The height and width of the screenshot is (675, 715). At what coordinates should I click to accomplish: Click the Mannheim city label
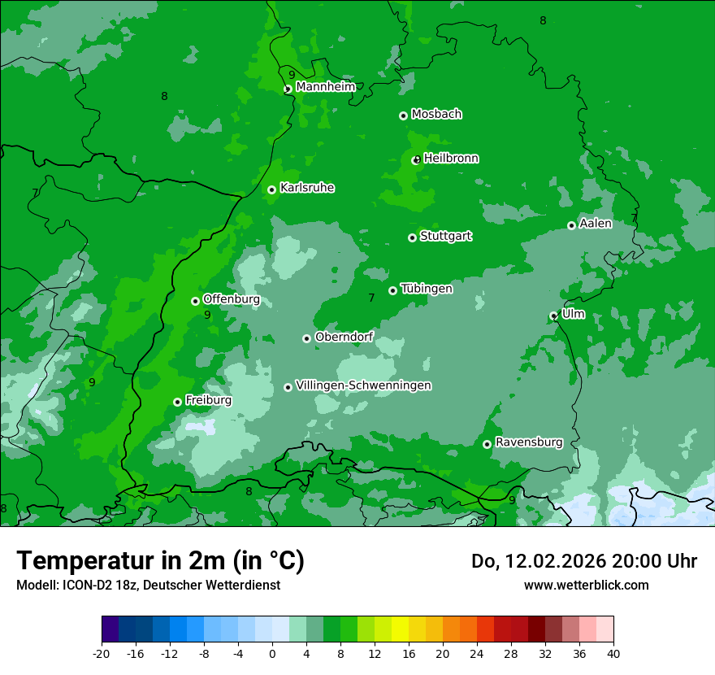point(325,87)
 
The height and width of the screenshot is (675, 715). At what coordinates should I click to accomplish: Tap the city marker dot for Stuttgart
point(412,237)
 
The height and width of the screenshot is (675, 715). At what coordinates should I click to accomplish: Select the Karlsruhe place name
point(307,188)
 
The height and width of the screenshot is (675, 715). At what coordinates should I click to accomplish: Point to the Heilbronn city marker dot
point(417,159)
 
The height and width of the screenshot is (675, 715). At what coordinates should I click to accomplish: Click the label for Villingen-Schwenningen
point(363,385)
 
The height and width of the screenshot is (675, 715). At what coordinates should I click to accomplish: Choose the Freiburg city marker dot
point(177,402)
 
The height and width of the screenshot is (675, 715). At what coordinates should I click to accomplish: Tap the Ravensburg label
point(529,442)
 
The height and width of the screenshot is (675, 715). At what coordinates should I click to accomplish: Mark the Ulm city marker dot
point(553,316)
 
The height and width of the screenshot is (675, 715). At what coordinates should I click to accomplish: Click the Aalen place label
point(596,224)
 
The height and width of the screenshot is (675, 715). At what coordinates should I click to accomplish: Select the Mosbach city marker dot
point(403,115)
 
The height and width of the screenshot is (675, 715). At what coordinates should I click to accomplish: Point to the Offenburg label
point(232,299)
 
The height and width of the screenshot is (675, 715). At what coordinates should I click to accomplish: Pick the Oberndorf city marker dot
point(306,338)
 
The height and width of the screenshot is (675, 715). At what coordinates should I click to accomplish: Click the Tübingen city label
point(427,289)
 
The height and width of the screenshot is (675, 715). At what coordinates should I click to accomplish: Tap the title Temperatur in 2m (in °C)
point(161,560)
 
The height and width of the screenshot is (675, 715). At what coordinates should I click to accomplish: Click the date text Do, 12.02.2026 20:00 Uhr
point(583,561)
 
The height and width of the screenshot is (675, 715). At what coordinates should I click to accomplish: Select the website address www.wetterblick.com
point(586,585)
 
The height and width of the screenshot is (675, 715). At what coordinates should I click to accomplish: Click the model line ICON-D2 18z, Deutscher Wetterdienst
point(148,585)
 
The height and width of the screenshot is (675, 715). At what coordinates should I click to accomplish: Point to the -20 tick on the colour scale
point(102,653)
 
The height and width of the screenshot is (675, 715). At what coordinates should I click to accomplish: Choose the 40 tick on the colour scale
point(613,653)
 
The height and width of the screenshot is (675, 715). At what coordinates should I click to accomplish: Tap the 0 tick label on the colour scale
point(272,653)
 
